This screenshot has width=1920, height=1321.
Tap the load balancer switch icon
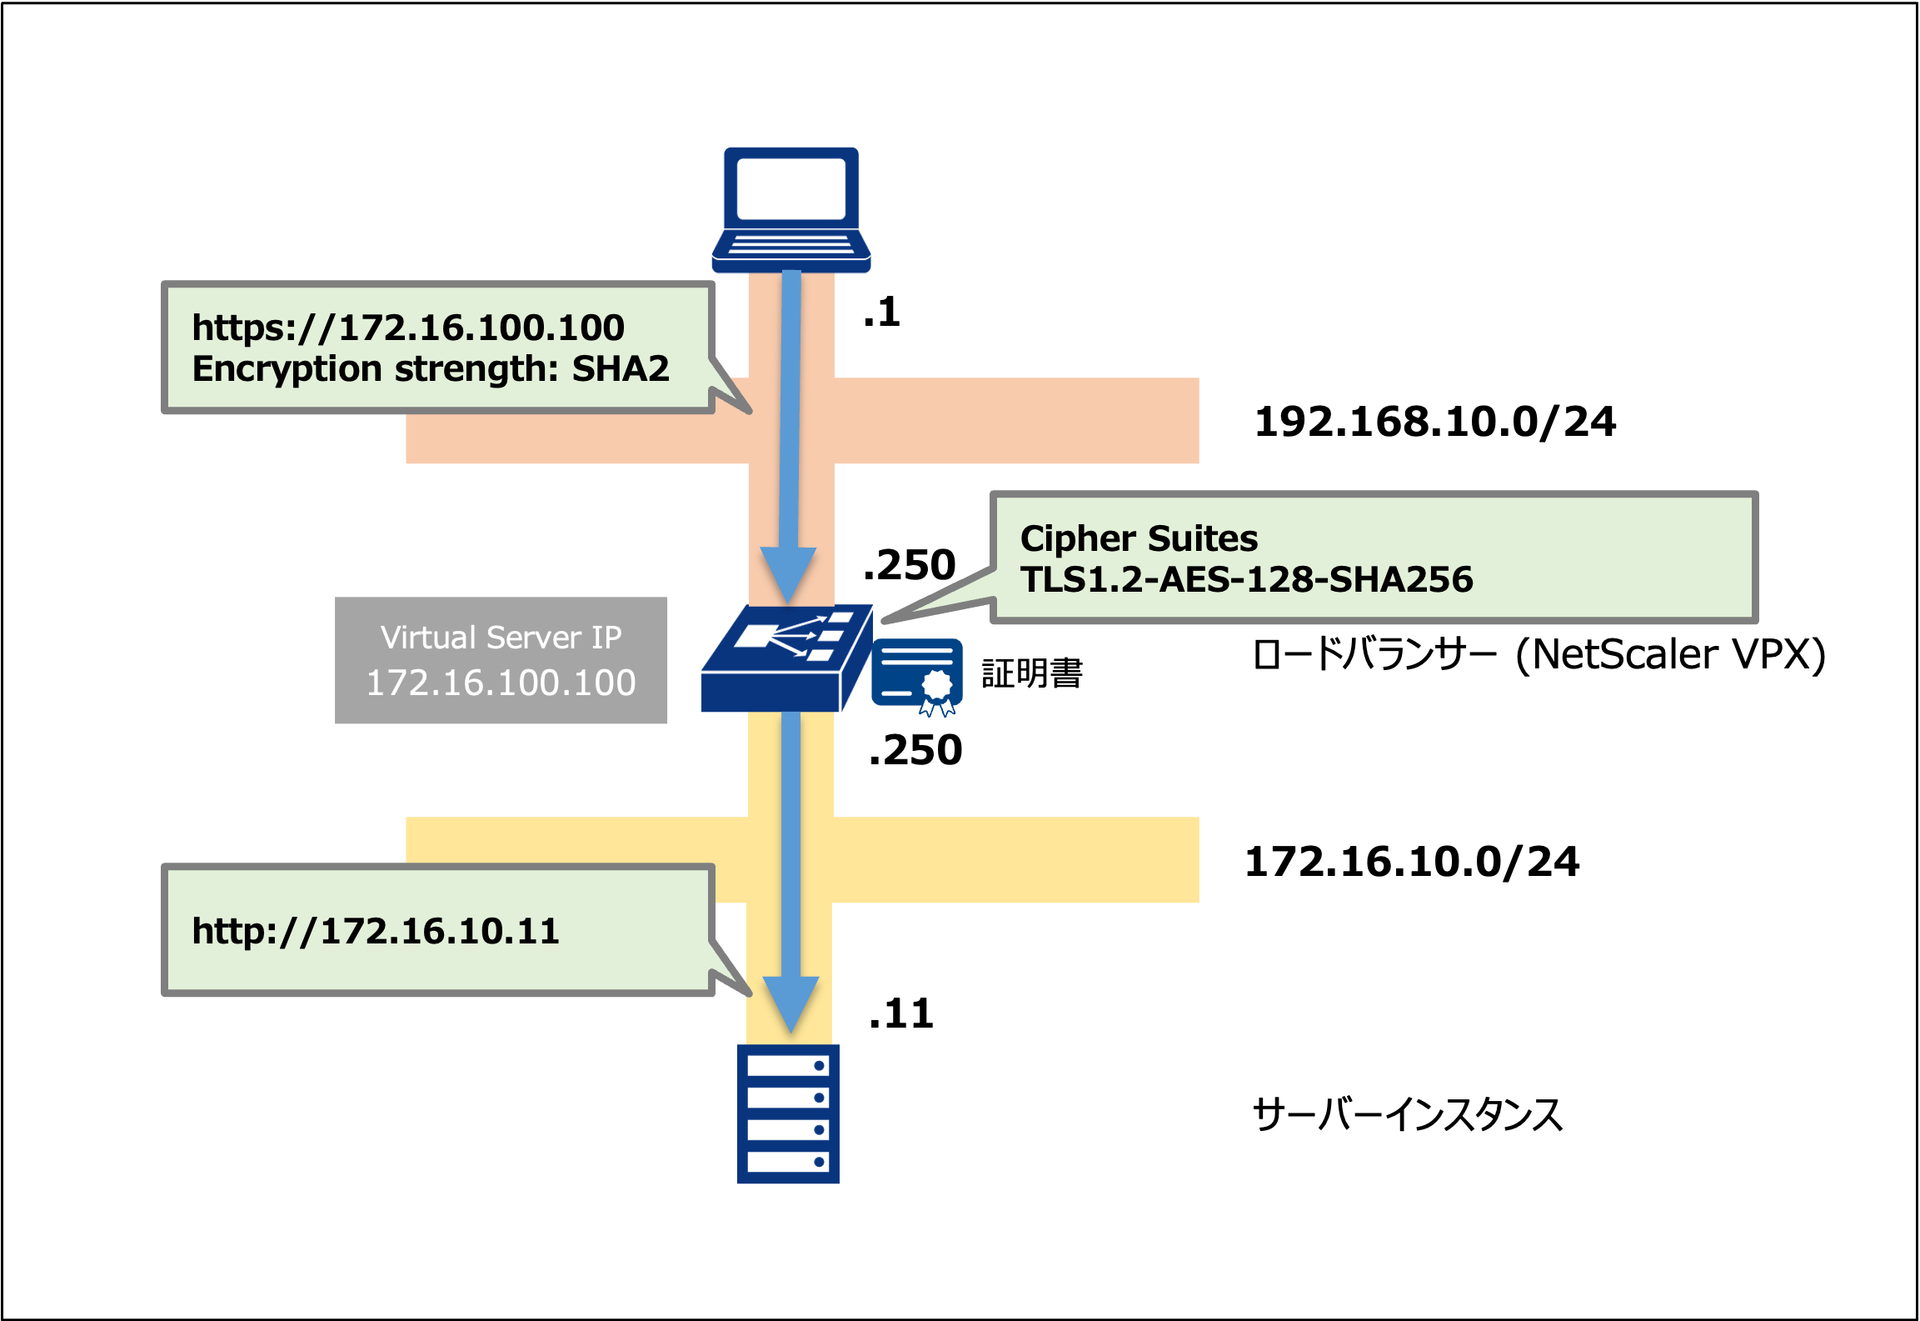click(785, 658)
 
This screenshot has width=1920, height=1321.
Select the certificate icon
click(917, 675)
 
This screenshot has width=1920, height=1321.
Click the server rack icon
click(788, 1113)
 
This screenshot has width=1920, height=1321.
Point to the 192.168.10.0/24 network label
click(1434, 422)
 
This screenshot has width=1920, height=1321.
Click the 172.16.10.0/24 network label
click(1411, 862)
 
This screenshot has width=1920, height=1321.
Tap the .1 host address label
click(882, 313)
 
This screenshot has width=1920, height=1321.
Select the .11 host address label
click(900, 1014)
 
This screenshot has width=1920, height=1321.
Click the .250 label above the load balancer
click(909, 565)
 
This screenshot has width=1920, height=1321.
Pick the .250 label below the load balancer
click(915, 750)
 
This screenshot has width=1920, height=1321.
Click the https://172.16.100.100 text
click(408, 328)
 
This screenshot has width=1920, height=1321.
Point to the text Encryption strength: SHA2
click(431, 369)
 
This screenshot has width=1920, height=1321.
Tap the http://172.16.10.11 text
click(375, 931)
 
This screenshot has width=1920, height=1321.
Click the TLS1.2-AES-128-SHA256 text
click(1246, 580)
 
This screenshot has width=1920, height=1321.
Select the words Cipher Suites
click(1139, 538)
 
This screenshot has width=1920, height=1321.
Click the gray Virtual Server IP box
click(501, 660)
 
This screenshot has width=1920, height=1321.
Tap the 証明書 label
click(1031, 673)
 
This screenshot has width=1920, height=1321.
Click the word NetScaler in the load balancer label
click(1625, 654)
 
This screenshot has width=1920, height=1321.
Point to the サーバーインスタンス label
click(1407, 1114)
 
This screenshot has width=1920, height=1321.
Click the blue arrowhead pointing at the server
click(790, 1003)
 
